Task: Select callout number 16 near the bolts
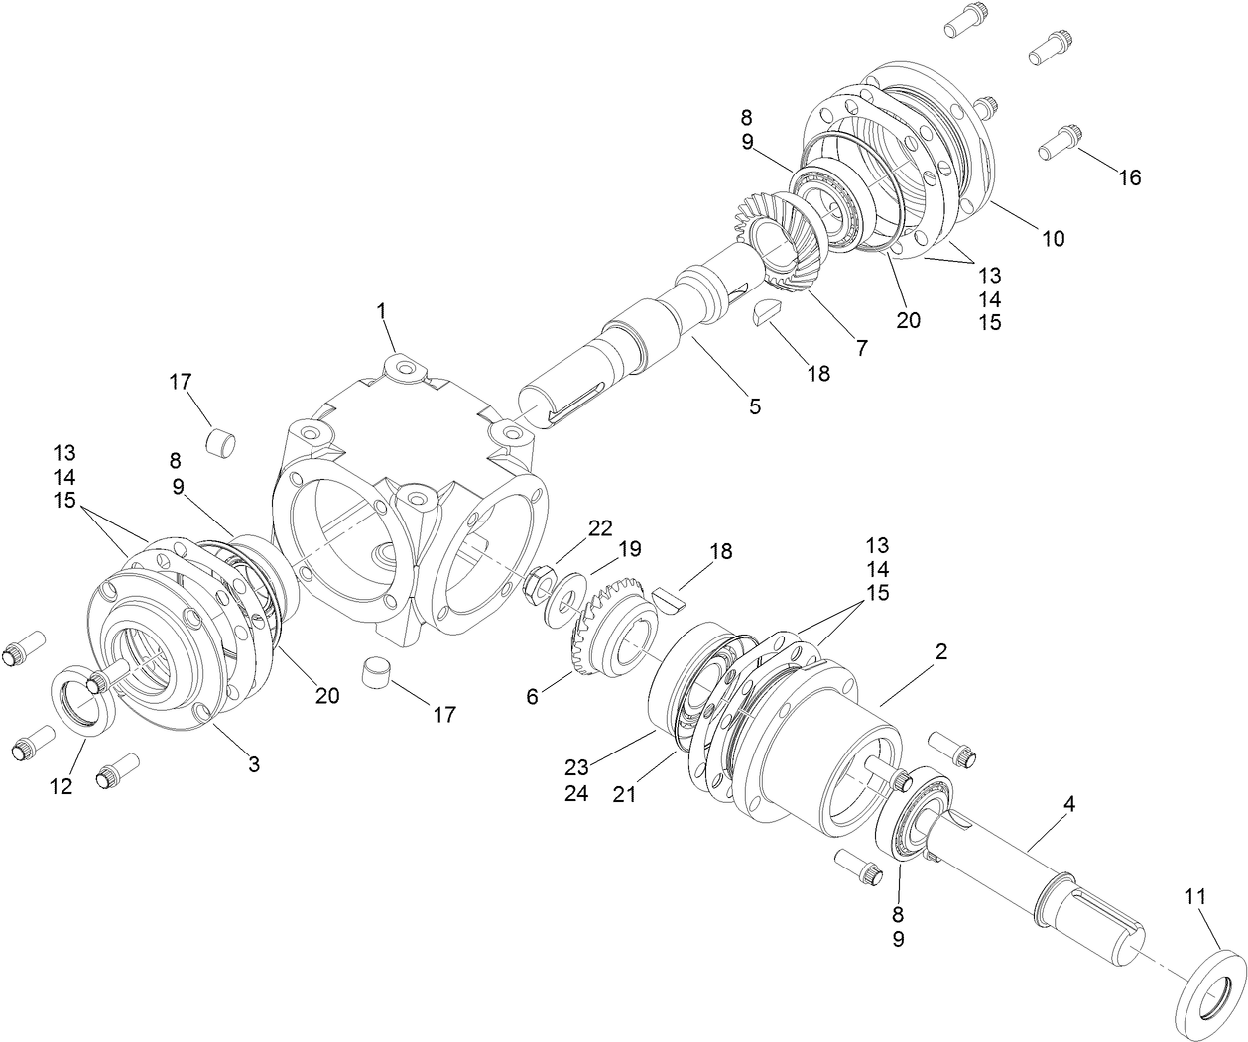click(x=1130, y=177)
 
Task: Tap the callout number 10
click(x=1053, y=238)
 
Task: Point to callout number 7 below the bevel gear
click(x=861, y=348)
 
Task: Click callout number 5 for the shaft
click(x=755, y=405)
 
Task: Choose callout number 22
click(x=600, y=527)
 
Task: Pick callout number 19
click(x=630, y=548)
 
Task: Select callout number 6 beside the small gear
click(x=533, y=697)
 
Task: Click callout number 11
click(x=1195, y=896)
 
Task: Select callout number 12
click(x=62, y=786)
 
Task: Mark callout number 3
click(x=254, y=763)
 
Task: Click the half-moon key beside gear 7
click(x=768, y=312)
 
